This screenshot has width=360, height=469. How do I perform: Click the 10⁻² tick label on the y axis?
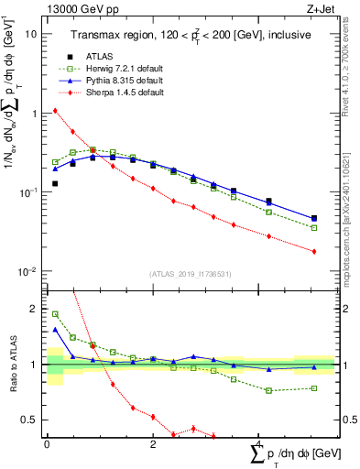click(28, 272)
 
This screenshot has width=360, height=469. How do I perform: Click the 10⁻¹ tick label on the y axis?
click(28, 192)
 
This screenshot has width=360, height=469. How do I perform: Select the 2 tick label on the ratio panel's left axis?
click(34, 310)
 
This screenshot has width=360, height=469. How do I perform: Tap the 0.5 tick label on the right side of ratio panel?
click(349, 420)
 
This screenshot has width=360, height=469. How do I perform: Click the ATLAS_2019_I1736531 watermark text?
click(190, 274)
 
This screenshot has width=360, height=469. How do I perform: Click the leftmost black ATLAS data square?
click(55, 184)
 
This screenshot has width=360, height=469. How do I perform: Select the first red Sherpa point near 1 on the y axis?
click(55, 111)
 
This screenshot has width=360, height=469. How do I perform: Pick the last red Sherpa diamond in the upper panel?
click(314, 252)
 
